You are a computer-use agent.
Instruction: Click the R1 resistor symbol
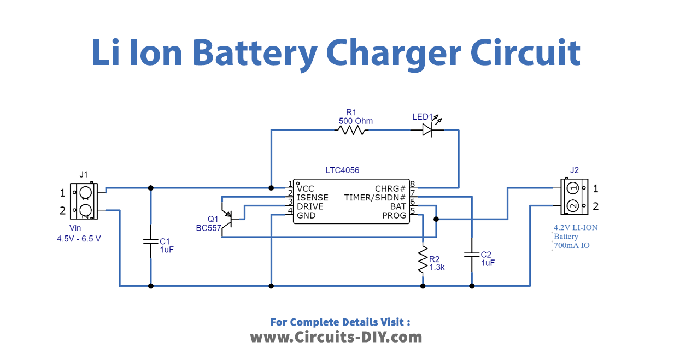tap(353, 130)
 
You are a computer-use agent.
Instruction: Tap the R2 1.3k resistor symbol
tap(423, 259)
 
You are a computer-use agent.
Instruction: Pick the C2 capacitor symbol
tap(471, 254)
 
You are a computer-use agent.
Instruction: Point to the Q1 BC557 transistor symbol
tap(229, 217)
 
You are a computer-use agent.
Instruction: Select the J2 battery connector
tap(572, 197)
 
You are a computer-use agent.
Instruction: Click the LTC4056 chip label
tap(342, 171)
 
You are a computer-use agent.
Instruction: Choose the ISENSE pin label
tap(312, 197)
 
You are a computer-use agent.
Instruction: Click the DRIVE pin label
tap(309, 206)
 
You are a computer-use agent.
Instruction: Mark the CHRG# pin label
tap(390, 188)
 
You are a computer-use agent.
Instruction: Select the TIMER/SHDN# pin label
tap(375, 197)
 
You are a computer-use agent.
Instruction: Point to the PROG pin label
tap(394, 215)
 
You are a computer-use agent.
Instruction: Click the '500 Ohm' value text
tap(355, 121)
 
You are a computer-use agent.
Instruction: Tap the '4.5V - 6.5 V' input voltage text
tap(79, 239)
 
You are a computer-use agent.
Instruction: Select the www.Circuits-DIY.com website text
tap(336, 337)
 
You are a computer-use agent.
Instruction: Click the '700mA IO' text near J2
tap(571, 246)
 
